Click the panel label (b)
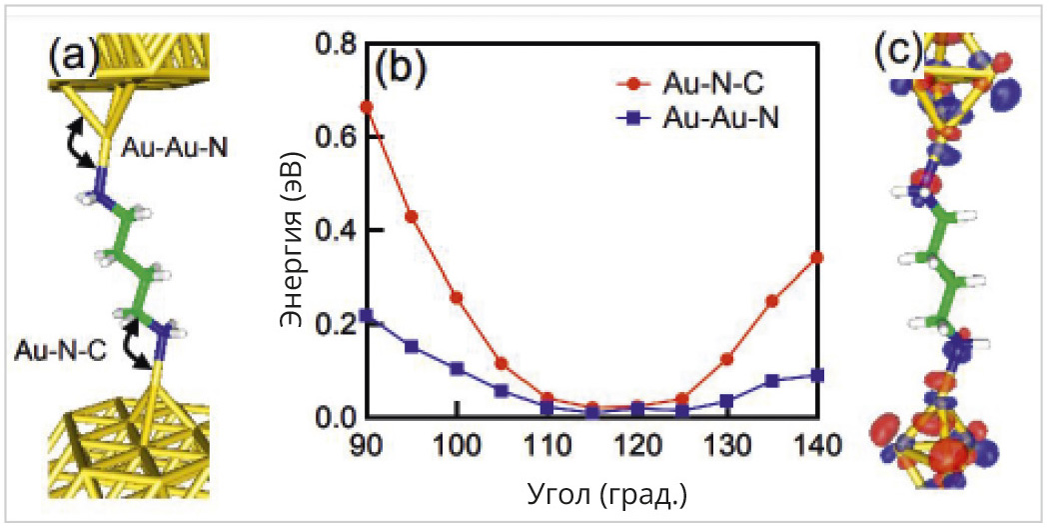(x=400, y=69)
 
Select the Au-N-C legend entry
(x=704, y=82)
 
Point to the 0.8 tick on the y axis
(x=337, y=43)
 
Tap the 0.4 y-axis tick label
(x=337, y=230)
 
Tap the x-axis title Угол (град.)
(x=594, y=494)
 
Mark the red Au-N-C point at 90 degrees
(x=367, y=106)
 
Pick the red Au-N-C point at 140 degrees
(x=817, y=257)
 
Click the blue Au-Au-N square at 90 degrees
(x=367, y=316)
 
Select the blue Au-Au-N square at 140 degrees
(x=817, y=375)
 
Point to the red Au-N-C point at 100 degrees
(x=457, y=297)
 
